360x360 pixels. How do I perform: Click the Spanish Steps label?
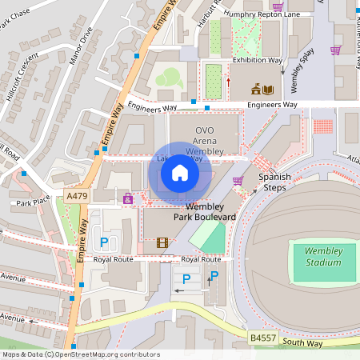coord(274,182)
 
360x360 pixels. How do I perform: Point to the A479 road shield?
coord(78,196)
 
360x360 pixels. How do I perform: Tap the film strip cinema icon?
coord(162,242)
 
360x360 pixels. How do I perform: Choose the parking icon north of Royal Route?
coord(102,242)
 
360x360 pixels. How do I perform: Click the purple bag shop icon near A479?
coord(127,197)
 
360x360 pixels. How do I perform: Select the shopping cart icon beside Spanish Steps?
coord(238,181)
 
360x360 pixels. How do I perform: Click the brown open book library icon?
coord(268,90)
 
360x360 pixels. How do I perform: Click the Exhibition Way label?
coord(258,60)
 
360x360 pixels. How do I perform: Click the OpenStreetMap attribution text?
coord(81,354)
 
